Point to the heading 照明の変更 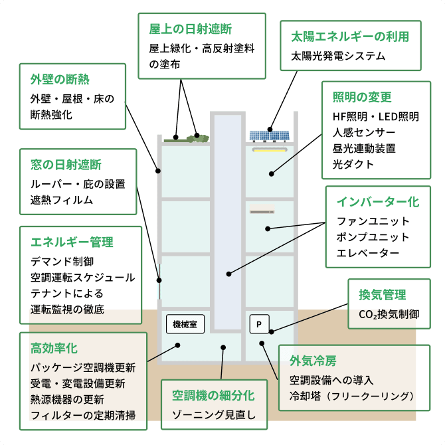click(362, 97)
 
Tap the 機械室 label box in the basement click(185, 324)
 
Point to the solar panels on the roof click(270, 135)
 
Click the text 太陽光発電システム click(338, 56)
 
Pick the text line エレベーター click(368, 253)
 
